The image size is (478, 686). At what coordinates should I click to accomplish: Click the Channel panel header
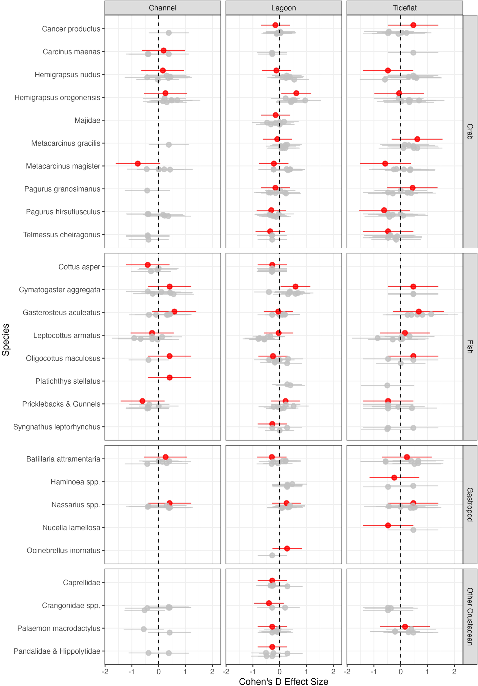(x=162, y=8)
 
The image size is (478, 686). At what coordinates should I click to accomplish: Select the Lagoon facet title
(x=283, y=8)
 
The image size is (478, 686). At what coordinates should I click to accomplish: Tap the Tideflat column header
(x=404, y=8)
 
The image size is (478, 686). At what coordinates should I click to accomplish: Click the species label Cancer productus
(x=71, y=29)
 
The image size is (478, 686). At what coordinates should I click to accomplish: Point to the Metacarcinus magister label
(x=63, y=166)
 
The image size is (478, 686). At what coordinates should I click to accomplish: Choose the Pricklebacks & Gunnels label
(x=61, y=404)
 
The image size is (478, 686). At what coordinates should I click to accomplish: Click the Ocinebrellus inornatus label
(x=63, y=550)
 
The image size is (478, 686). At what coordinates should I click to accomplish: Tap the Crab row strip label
(x=470, y=131)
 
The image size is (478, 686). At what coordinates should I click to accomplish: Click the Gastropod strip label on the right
(x=470, y=504)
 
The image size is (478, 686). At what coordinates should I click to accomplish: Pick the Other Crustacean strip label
(x=470, y=616)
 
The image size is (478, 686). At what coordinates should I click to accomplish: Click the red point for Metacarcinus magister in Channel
(x=138, y=164)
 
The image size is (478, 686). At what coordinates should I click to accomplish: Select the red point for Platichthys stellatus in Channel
(x=169, y=377)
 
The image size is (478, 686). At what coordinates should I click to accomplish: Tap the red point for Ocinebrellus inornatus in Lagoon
(x=287, y=548)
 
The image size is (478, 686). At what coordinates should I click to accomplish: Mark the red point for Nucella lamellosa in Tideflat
(x=388, y=525)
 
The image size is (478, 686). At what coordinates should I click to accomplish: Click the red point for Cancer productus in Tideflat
(x=413, y=25)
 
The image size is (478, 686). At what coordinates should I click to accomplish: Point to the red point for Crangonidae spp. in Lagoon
(x=269, y=603)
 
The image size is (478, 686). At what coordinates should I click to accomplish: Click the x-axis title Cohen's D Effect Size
(x=283, y=682)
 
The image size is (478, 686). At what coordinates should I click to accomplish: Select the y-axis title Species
(x=6, y=339)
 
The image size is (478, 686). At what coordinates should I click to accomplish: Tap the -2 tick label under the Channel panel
(x=105, y=672)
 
